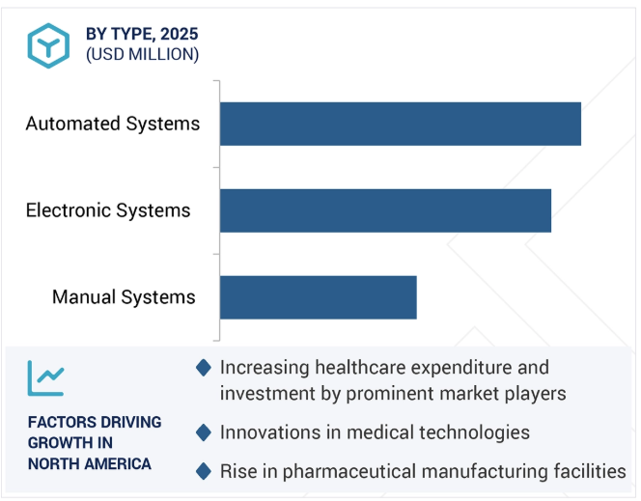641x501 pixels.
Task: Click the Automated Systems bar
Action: pos(401,124)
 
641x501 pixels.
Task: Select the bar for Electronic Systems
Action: pos(385,210)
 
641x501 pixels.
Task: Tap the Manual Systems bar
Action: pos(318,297)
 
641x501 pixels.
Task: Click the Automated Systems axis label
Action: pos(113,124)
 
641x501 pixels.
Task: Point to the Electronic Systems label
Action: pos(108,210)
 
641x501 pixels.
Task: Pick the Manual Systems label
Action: pos(124,297)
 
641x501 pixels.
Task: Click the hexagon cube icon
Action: pos(48,45)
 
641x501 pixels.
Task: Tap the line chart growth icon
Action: pos(45,378)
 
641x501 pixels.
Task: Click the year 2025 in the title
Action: pos(179,34)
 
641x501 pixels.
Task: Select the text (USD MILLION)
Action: pos(142,54)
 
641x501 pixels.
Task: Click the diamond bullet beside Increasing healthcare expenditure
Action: pos(204,368)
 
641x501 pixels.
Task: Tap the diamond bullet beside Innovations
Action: pos(204,432)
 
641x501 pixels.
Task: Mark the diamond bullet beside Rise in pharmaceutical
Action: pos(204,472)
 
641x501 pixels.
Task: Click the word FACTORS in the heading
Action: pos(55,422)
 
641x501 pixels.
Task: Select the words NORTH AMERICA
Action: pos(90,464)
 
